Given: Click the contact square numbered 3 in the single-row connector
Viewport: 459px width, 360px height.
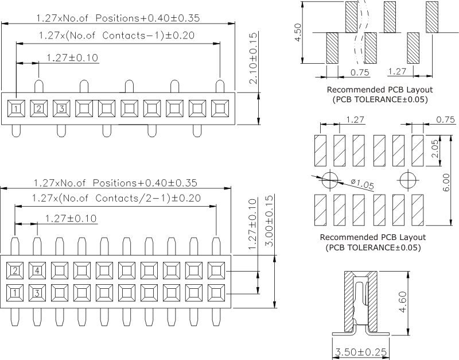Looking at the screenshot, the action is coord(61,109).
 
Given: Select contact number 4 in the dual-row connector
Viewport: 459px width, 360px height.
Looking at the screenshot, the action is coord(37,270).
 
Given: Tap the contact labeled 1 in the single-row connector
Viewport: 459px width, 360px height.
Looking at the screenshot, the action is coord(16,109).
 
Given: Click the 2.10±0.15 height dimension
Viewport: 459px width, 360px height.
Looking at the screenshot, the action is coord(253,58).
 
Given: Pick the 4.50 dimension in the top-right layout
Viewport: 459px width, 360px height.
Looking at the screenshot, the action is coord(297,33).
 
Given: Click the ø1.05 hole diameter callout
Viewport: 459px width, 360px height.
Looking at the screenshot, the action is coord(363,184).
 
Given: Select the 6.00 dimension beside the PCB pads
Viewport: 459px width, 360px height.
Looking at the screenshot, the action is coord(446,182).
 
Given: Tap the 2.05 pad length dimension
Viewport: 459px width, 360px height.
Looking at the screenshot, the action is coord(435,149).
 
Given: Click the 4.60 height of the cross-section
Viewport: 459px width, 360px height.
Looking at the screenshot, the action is coord(403,302).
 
